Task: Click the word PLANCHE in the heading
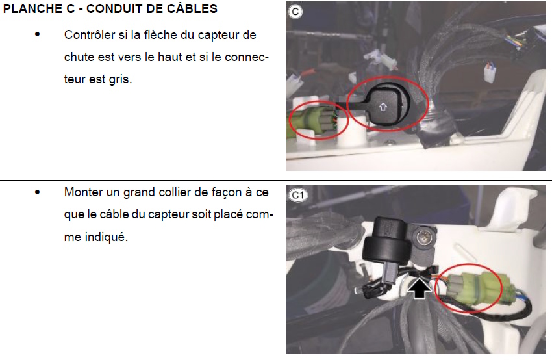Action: tap(34, 9)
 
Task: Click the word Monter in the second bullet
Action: tap(83, 192)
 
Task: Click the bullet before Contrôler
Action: tap(37, 34)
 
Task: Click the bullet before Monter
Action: tap(37, 192)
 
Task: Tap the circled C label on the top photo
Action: tap(295, 12)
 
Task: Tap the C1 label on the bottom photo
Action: tap(298, 195)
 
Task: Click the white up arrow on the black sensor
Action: tap(383, 107)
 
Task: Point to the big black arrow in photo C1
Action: tap(420, 287)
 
